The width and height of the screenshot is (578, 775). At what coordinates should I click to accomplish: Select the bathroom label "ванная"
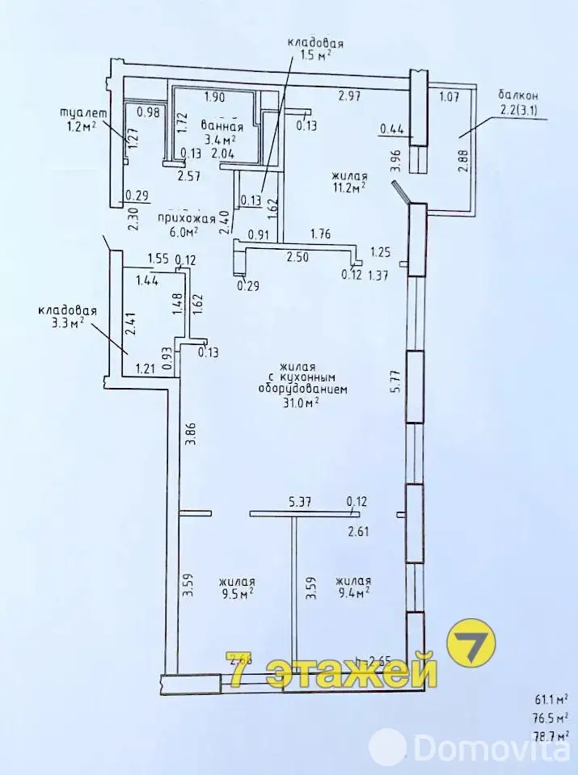(x=221, y=127)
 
